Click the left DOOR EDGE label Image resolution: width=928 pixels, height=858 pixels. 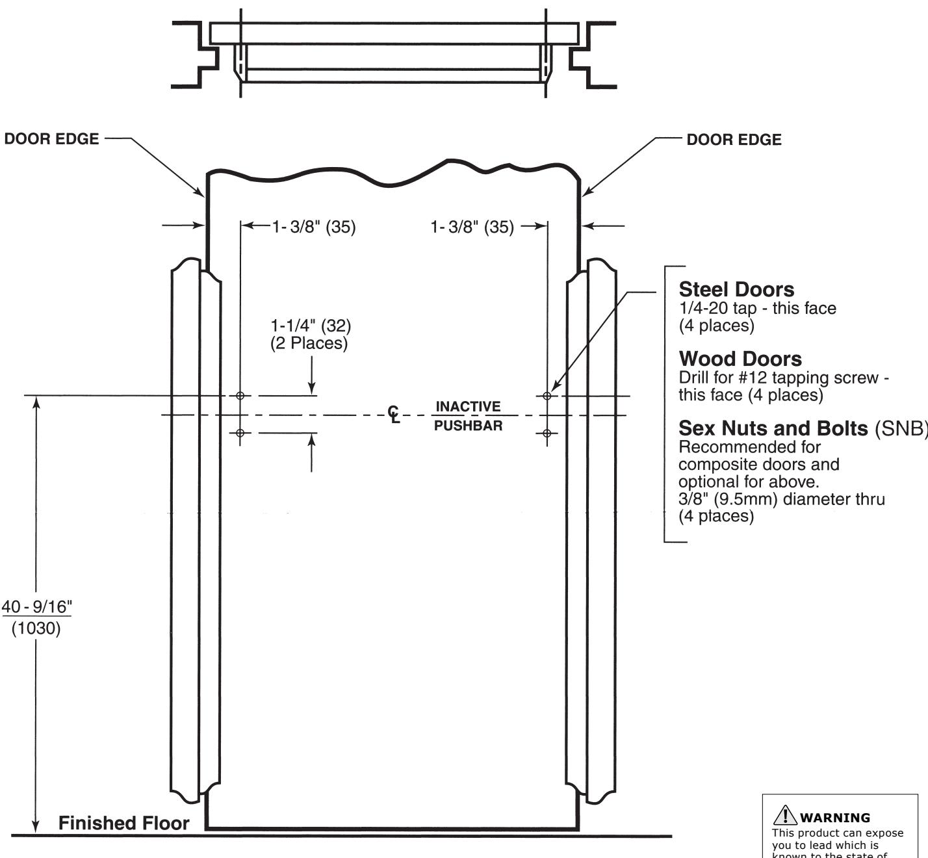(51, 139)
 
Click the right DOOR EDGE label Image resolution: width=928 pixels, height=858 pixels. (734, 140)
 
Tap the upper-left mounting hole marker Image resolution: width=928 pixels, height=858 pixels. (240, 395)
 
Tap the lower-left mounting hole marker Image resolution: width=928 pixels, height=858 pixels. (240, 433)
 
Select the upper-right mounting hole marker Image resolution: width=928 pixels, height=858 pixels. (547, 395)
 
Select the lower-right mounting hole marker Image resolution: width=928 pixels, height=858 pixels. (547, 433)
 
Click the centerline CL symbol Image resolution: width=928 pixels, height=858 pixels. (394, 415)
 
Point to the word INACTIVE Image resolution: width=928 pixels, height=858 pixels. (468, 407)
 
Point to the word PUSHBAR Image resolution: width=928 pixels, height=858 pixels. (468, 426)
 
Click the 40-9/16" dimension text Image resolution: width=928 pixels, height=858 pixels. (36, 607)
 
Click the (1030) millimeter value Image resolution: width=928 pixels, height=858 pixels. (36, 629)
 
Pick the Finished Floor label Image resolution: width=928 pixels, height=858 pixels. (123, 824)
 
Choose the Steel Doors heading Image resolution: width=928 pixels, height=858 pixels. (736, 289)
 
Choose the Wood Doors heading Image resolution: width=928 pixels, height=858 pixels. (740, 359)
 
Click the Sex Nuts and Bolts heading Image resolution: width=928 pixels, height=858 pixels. (773, 428)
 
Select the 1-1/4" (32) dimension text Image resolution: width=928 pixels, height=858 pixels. (311, 325)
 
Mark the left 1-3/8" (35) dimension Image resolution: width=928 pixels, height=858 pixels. (314, 227)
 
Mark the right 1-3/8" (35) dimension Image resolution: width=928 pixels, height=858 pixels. (472, 227)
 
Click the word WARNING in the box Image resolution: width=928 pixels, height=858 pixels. (835, 818)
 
